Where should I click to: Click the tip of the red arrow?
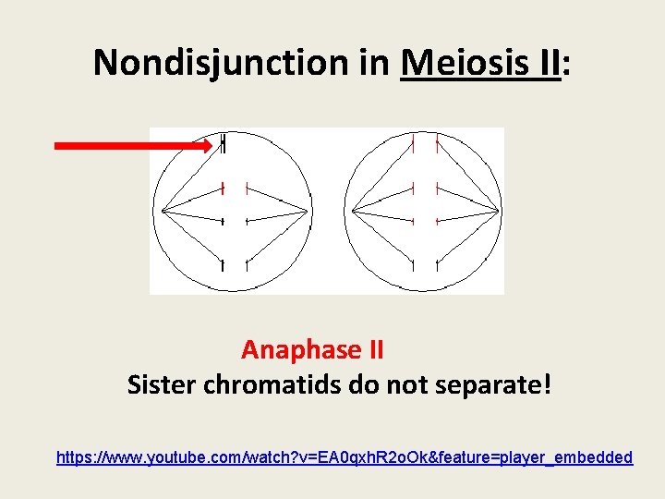(212, 145)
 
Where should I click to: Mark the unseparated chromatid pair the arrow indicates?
(224, 143)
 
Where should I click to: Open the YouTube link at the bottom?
(345, 456)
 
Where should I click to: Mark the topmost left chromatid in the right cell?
(413, 145)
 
